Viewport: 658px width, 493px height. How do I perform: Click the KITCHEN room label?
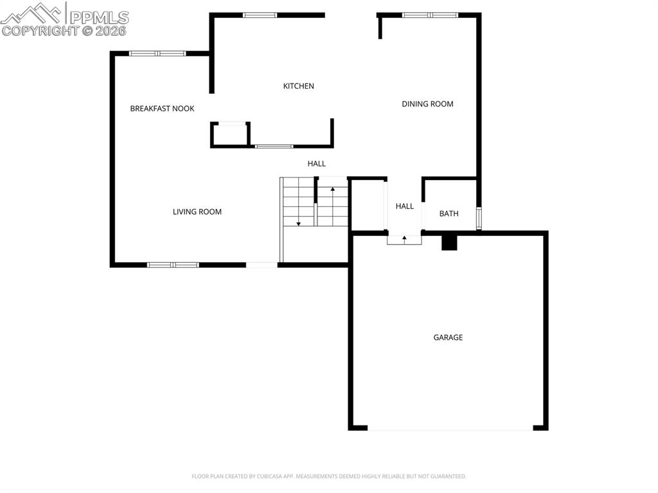pos(299,86)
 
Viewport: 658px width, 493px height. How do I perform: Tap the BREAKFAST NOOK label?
pos(162,109)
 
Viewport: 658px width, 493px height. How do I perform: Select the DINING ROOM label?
pos(427,104)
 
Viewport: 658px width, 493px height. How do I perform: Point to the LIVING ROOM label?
pos(197,212)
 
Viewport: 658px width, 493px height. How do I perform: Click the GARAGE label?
pos(448,337)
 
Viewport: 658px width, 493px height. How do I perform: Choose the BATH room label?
pos(449,214)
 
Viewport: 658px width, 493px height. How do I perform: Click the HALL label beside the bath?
pos(405,206)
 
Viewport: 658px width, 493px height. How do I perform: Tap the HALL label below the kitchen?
pos(316,164)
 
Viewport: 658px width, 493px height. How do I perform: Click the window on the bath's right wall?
pos(479,219)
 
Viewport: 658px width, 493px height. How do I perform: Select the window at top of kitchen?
pos(260,15)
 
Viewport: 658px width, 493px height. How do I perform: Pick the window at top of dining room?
pos(430,15)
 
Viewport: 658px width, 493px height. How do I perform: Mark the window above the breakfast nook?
pos(157,53)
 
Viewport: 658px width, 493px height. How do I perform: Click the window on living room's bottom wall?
pos(173,264)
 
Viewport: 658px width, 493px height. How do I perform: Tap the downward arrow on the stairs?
pos(299,223)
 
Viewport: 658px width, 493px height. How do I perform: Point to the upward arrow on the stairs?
pos(332,190)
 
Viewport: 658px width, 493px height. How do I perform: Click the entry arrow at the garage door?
pos(404,238)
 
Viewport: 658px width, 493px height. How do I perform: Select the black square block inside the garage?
pos(449,243)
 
